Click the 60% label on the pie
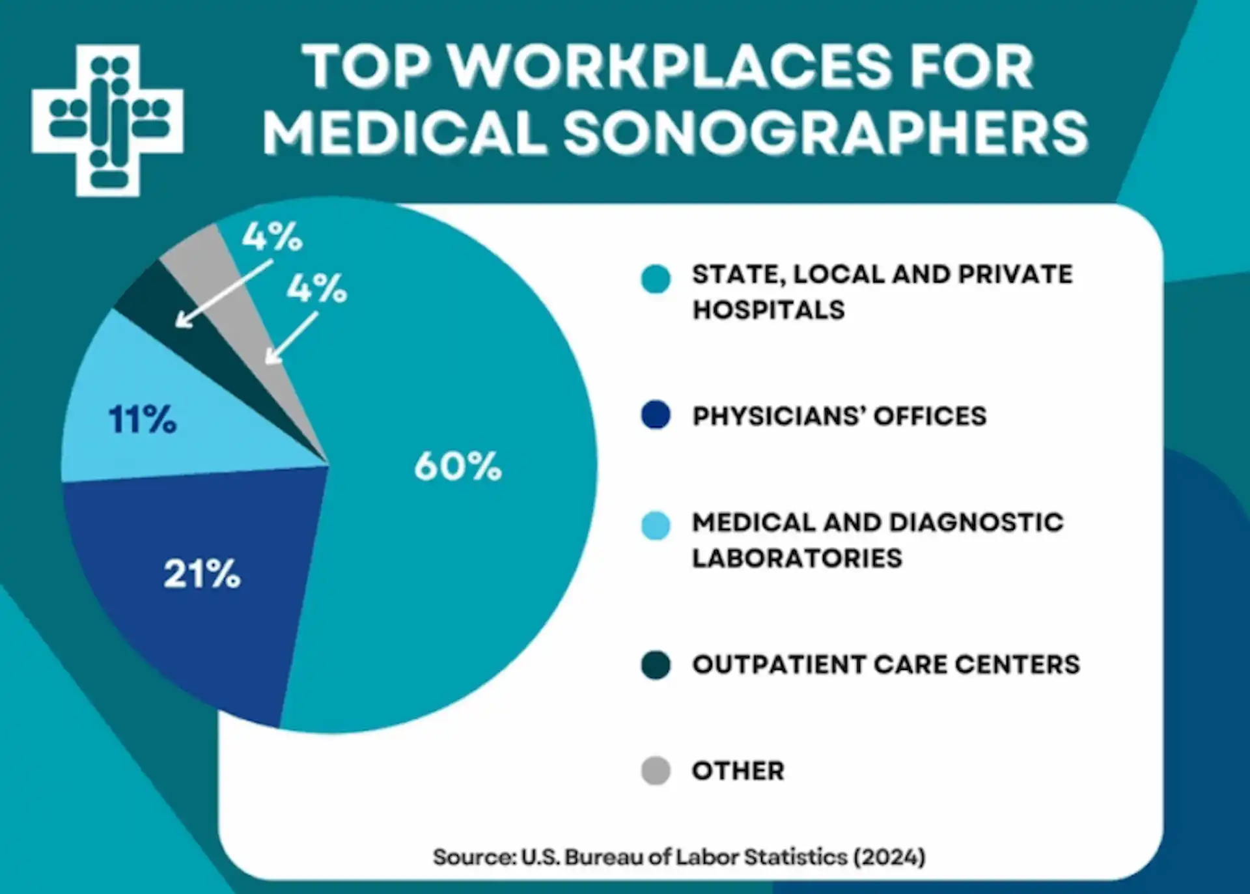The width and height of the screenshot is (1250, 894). click(458, 466)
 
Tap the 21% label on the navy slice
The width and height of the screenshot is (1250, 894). click(202, 574)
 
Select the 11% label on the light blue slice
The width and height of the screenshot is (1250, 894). click(143, 419)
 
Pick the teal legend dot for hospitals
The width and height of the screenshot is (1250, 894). click(656, 279)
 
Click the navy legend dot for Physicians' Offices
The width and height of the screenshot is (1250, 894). click(656, 415)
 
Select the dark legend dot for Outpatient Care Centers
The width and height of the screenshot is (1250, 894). click(656, 665)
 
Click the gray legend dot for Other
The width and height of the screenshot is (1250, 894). click(656, 771)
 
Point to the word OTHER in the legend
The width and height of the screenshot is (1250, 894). click(738, 771)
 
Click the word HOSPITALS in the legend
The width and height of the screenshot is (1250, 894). click(768, 310)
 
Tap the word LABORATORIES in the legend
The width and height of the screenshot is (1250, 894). click(797, 558)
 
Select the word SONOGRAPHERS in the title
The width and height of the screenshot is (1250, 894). click(826, 133)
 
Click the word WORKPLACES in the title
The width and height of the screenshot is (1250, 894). click(671, 66)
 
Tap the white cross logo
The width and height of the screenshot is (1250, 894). click(107, 120)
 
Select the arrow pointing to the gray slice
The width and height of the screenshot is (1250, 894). click(291, 338)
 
